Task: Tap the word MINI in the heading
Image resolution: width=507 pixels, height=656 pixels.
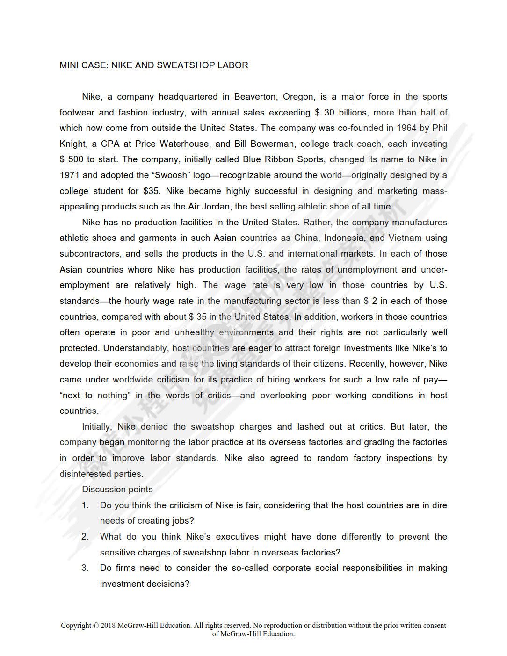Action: [x=69, y=65]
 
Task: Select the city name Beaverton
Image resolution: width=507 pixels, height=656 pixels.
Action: [x=255, y=97]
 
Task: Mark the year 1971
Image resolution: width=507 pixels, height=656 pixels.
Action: [x=70, y=175]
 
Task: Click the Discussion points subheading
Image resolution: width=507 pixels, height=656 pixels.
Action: [x=117, y=490]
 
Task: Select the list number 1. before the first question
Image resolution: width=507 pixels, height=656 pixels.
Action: [x=85, y=505]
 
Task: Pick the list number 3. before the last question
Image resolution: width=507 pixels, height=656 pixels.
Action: [x=85, y=568]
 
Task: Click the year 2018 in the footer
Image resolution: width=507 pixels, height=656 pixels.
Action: [x=108, y=626]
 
